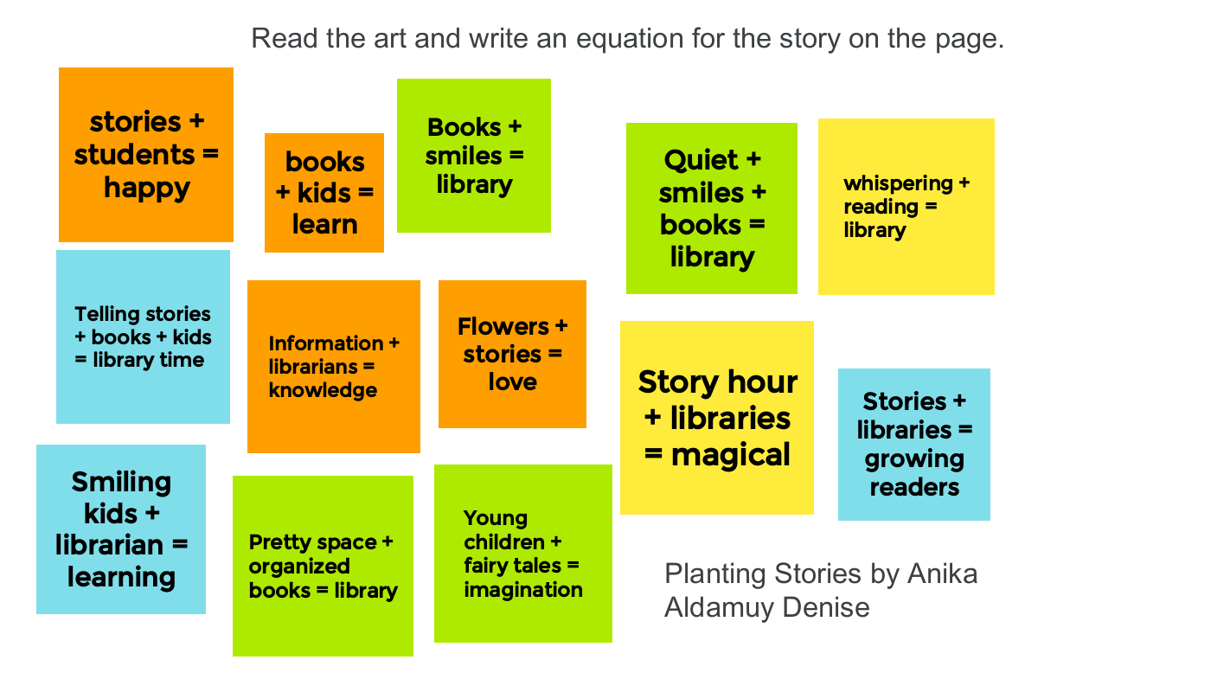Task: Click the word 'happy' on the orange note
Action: pyautogui.click(x=147, y=189)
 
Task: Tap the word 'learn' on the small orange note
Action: pyautogui.click(x=324, y=224)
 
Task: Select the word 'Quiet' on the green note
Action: pyautogui.click(x=701, y=161)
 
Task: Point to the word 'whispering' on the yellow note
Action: pyautogui.click(x=899, y=184)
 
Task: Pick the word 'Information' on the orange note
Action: pyautogui.click(x=326, y=343)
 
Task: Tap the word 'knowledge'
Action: pyautogui.click(x=323, y=390)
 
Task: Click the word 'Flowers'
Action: pyautogui.click(x=503, y=326)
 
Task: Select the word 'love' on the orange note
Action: pyautogui.click(x=512, y=381)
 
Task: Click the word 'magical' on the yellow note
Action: pyautogui.click(x=730, y=455)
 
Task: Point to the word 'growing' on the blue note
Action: pyautogui.click(x=914, y=459)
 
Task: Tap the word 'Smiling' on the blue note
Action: pyautogui.click(x=121, y=484)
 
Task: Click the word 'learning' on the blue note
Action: pyautogui.click(x=121, y=578)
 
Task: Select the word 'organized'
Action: pyautogui.click(x=299, y=567)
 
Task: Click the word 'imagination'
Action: pyautogui.click(x=523, y=590)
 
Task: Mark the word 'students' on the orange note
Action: pyautogui.click(x=135, y=155)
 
